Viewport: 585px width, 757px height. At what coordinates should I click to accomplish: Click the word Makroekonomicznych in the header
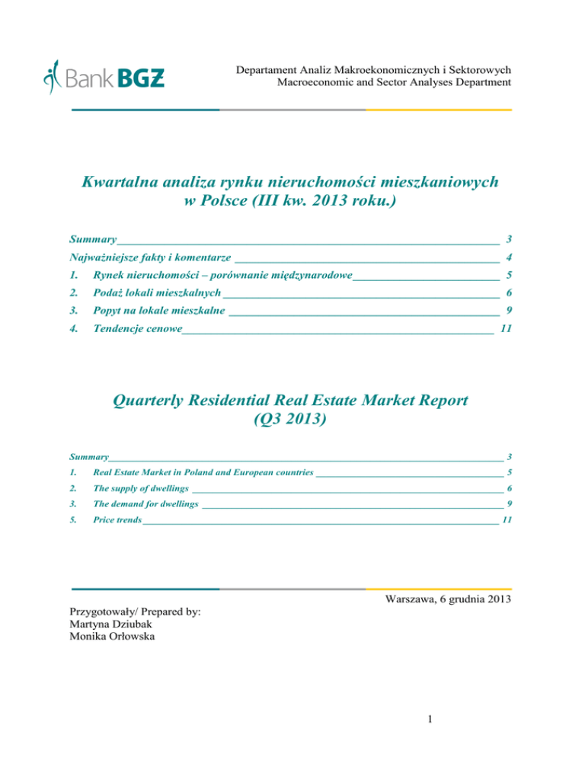385,69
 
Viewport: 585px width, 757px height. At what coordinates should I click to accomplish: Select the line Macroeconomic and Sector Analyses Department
393,82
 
